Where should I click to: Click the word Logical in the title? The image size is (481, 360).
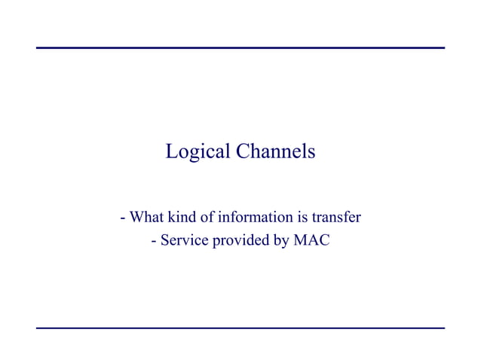[198, 152]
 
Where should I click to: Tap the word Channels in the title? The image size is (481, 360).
[275, 151]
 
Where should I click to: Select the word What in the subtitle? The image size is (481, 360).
[146, 218]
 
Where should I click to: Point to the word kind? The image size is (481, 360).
[182, 218]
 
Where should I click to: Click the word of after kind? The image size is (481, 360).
[208, 218]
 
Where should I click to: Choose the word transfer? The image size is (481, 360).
[337, 218]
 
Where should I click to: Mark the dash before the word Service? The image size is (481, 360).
[155, 243]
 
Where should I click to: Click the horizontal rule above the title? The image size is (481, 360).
[240, 48]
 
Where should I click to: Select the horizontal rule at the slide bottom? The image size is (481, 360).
[240, 328]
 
